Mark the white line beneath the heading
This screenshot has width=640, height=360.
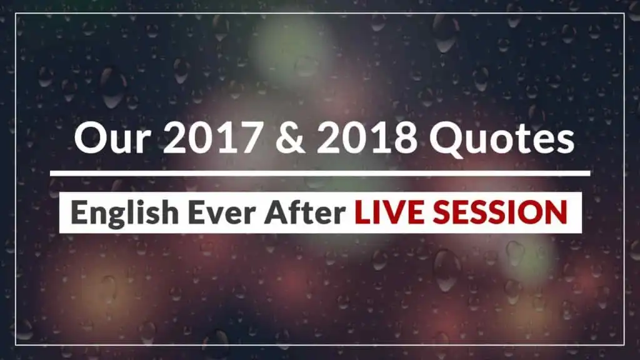tap(320, 173)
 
